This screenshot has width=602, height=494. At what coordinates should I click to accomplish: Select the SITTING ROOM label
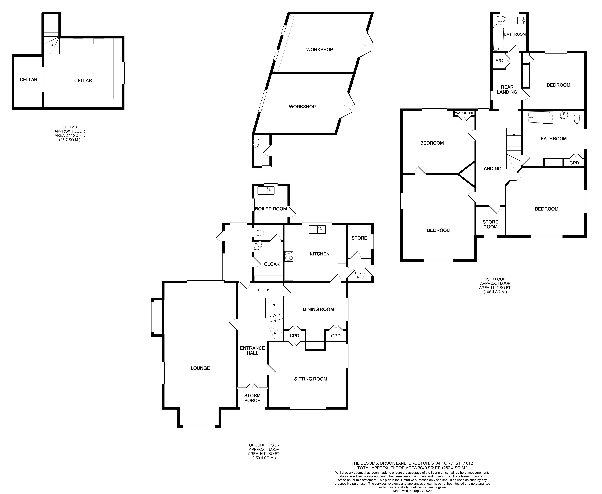[310, 379]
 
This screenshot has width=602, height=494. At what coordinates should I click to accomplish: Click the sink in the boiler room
[266, 190]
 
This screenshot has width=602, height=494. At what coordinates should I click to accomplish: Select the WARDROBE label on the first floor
[464, 113]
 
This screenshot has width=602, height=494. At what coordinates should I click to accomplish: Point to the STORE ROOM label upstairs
[490, 224]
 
